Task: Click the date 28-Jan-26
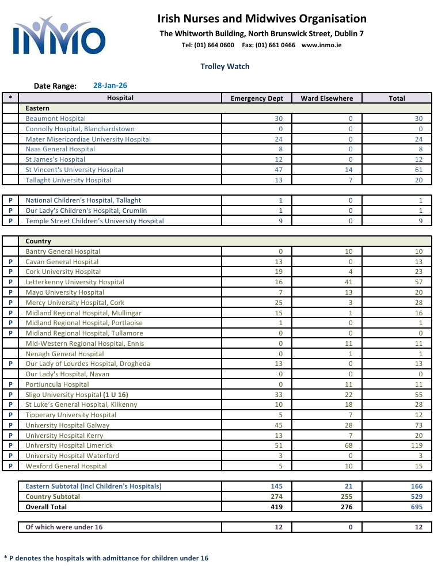[110, 85]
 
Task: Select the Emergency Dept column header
[257, 98]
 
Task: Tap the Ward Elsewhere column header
[327, 98]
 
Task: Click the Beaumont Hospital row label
[56, 119]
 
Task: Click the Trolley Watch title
[225, 66]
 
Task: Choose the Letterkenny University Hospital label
[75, 282]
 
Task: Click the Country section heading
[39, 241]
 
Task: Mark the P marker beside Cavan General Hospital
[11, 262]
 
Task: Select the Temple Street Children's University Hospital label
[95, 221]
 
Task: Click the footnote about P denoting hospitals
[106, 558]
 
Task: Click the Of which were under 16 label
[64, 527]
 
